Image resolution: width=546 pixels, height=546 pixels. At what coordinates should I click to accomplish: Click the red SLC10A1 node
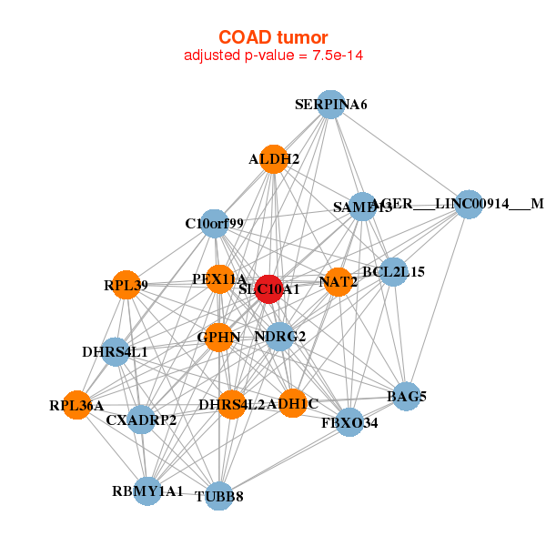point(268,288)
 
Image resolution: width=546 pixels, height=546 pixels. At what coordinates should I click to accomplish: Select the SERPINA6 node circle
point(330,105)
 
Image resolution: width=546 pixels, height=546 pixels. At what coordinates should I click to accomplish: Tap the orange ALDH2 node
point(274,159)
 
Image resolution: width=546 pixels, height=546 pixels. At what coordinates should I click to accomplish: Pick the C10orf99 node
point(214,223)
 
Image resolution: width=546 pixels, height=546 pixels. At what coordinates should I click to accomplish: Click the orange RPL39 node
point(126,285)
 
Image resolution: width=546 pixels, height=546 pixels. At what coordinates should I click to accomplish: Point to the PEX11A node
point(219,278)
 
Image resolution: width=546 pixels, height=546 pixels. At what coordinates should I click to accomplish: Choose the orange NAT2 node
point(338,282)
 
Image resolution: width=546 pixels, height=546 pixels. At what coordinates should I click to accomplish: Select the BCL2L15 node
point(393,271)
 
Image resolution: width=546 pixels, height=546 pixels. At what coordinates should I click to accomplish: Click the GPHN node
point(218,338)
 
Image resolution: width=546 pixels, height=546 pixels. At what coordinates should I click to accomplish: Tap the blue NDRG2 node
point(279,337)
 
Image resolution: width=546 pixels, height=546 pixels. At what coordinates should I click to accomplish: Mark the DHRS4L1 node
point(115,351)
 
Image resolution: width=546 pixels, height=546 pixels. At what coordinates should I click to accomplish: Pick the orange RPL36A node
point(76,405)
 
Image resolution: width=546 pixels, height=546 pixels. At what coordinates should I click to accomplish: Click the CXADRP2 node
point(141,420)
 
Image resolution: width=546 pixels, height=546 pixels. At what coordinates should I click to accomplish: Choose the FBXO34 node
point(349,422)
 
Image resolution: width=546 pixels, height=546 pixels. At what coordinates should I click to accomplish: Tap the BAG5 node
point(407,396)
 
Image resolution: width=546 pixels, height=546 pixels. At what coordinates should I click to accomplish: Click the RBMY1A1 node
point(147,491)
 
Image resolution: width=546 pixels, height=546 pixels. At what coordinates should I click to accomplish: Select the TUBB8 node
point(218,497)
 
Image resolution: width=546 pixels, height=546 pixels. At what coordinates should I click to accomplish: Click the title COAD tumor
point(273,36)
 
